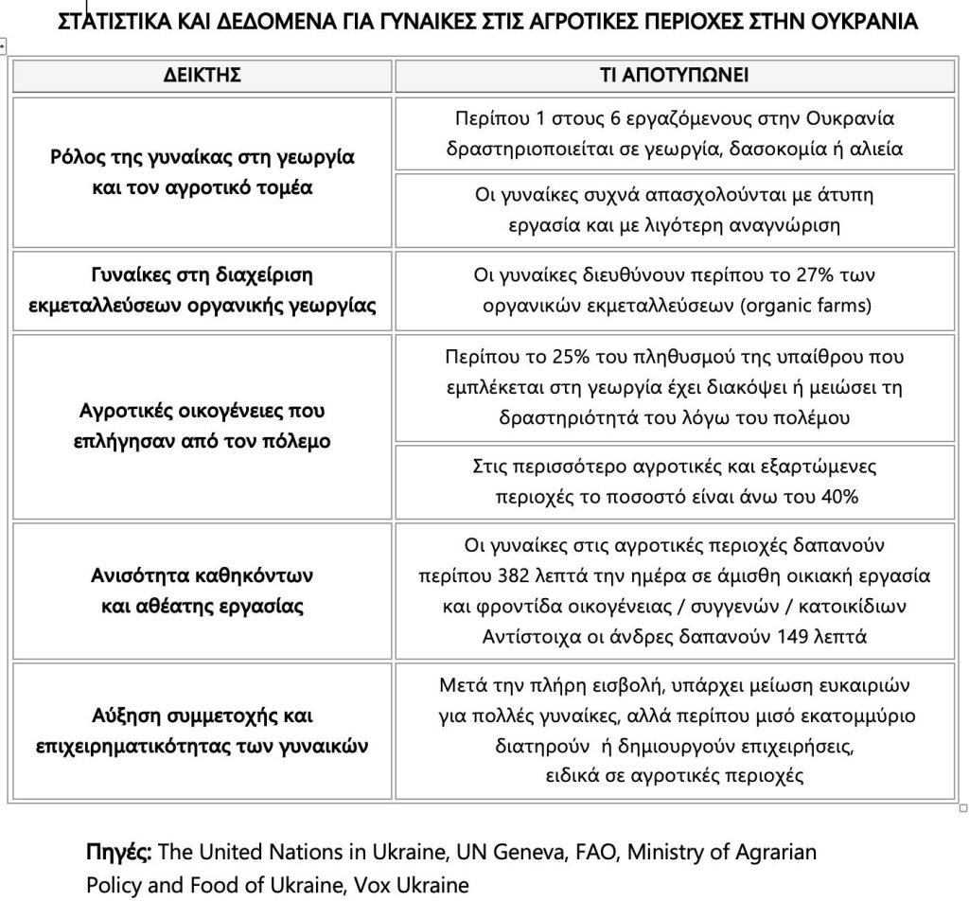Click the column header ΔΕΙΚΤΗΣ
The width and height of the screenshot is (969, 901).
coord(203,76)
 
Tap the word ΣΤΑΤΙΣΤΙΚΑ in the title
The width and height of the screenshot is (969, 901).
coord(123,21)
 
